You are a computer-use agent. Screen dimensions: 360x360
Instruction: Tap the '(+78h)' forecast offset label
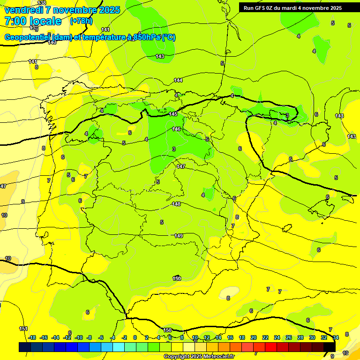(x=81, y=21)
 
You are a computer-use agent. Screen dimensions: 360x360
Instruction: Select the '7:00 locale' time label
(x=32, y=21)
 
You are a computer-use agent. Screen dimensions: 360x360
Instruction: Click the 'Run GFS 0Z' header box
(x=293, y=8)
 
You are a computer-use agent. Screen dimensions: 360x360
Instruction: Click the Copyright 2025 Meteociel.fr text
(x=199, y=357)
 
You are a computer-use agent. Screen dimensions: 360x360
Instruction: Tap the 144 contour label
(x=178, y=81)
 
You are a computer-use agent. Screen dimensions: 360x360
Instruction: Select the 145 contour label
(x=173, y=114)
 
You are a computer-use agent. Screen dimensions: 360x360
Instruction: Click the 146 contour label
(x=176, y=129)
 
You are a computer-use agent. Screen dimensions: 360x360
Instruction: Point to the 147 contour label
(x=181, y=166)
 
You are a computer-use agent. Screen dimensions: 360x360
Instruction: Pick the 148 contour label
(x=176, y=204)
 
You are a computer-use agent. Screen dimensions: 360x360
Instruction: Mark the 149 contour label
(x=179, y=236)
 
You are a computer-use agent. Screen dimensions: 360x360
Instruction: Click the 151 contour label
(x=23, y=329)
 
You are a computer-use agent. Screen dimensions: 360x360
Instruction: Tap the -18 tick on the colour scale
(x=32, y=338)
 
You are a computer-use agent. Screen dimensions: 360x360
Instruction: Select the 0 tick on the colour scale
(x=135, y=338)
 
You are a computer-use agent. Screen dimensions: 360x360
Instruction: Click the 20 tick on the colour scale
(x=254, y=338)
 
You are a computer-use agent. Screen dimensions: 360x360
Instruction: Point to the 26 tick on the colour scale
(x=288, y=338)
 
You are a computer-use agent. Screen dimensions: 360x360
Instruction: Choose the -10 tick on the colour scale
(x=79, y=338)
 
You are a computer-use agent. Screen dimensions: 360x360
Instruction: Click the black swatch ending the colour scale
(x=329, y=347)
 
